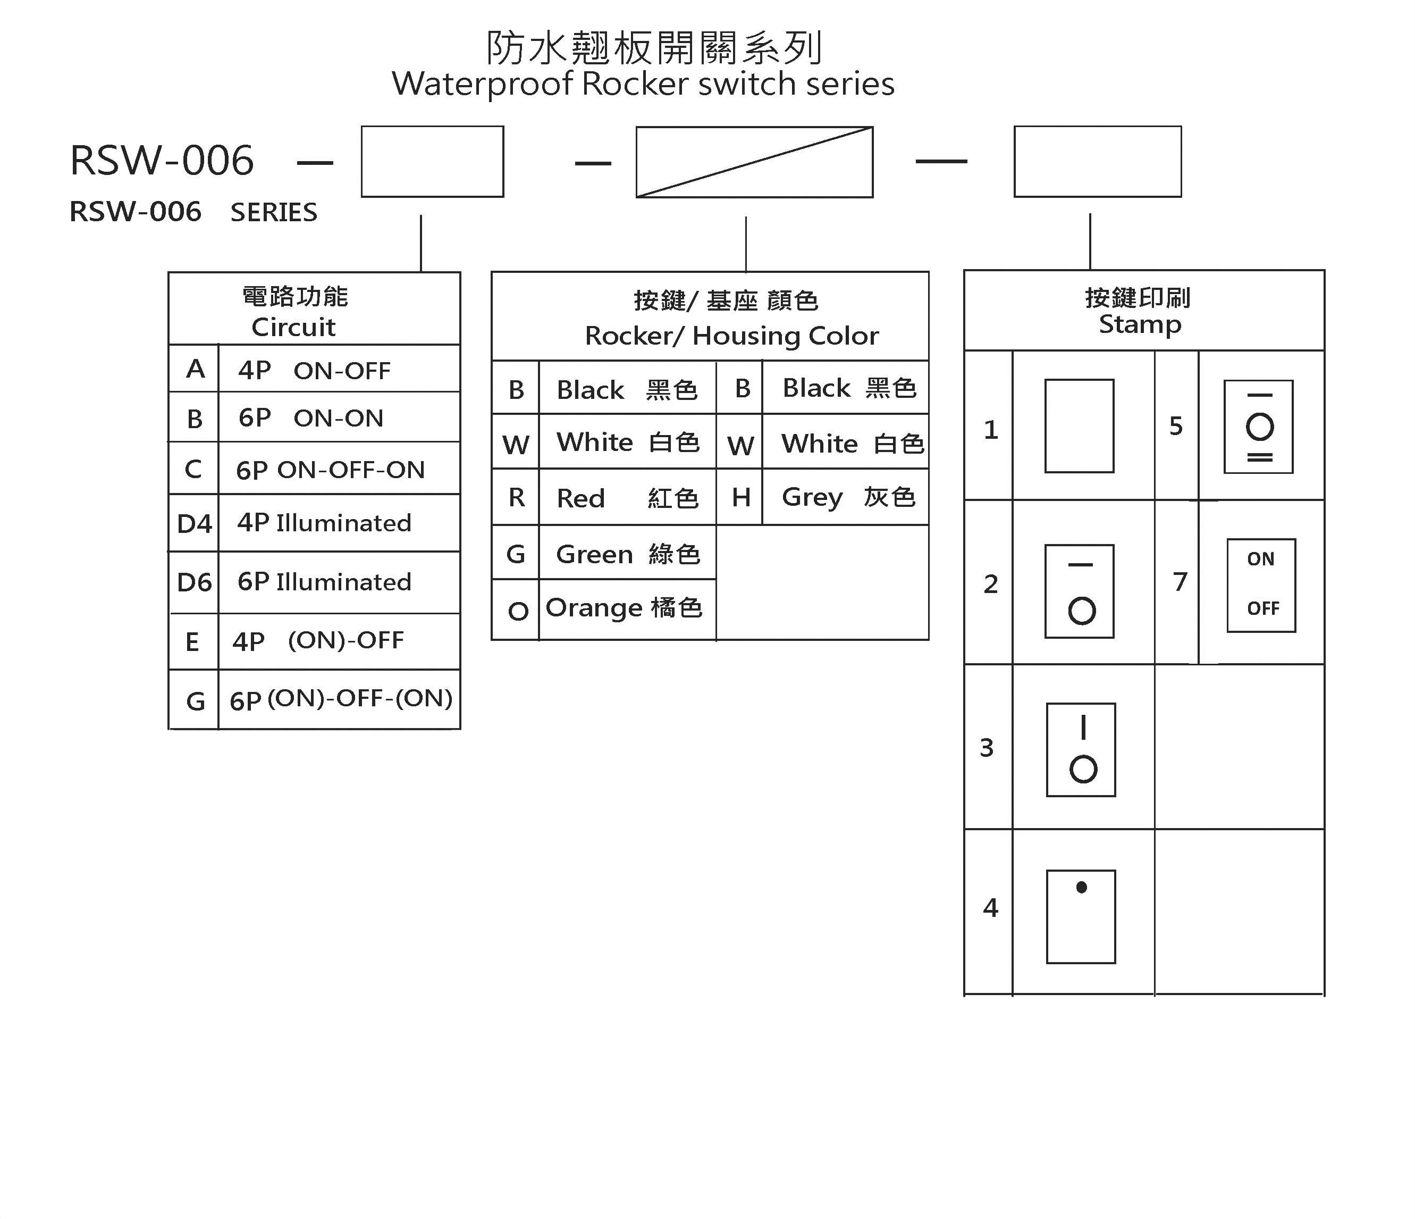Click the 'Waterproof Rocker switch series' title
[643, 84]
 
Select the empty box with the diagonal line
[754, 162]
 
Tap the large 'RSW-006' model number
[162, 161]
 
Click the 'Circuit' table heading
[293, 327]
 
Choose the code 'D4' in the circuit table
[194, 524]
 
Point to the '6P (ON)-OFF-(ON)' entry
[341, 699]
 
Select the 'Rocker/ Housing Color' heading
[731, 336]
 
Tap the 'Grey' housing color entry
[847, 497]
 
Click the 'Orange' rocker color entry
[624, 607]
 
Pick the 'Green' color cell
[627, 554]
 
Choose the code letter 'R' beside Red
[516, 497]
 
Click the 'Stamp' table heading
[1140, 324]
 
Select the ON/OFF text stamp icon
[1261, 585]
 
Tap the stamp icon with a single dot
[1080, 916]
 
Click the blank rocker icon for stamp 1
[1079, 425]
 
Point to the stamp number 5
[1175, 425]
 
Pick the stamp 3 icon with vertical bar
[1080, 749]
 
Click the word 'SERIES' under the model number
[274, 213]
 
